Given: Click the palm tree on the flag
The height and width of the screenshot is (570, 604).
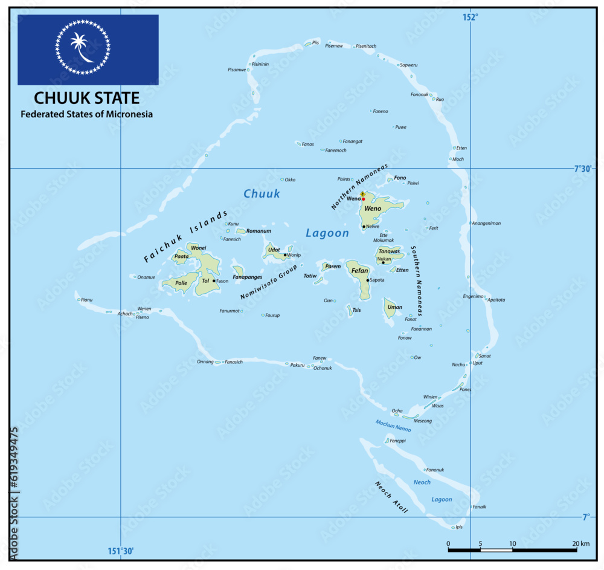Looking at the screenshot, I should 79,47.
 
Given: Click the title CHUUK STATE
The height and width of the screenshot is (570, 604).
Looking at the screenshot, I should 86,98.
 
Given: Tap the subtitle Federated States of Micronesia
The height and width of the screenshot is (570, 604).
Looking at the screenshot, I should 86,114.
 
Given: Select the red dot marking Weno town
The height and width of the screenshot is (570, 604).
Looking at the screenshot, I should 363,199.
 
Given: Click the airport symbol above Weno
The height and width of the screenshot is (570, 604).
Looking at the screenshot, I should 362,194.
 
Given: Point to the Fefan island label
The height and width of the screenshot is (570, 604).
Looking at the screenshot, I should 360,271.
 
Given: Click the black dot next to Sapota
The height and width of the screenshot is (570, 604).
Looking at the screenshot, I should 367,280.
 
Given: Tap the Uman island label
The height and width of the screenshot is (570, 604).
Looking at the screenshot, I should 394,307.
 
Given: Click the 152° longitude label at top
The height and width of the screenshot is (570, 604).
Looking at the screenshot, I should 470,18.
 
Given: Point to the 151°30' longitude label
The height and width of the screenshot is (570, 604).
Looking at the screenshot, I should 120,551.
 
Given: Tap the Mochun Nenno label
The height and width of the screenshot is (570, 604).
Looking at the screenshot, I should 393,425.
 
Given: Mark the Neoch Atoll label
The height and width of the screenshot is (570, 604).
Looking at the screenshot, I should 391,497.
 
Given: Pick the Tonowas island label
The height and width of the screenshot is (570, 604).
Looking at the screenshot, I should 389,251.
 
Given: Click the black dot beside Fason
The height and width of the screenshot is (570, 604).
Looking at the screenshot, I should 214,280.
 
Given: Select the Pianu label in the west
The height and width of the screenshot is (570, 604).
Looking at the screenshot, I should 87,299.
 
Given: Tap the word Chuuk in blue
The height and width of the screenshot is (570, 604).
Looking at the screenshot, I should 262,193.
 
